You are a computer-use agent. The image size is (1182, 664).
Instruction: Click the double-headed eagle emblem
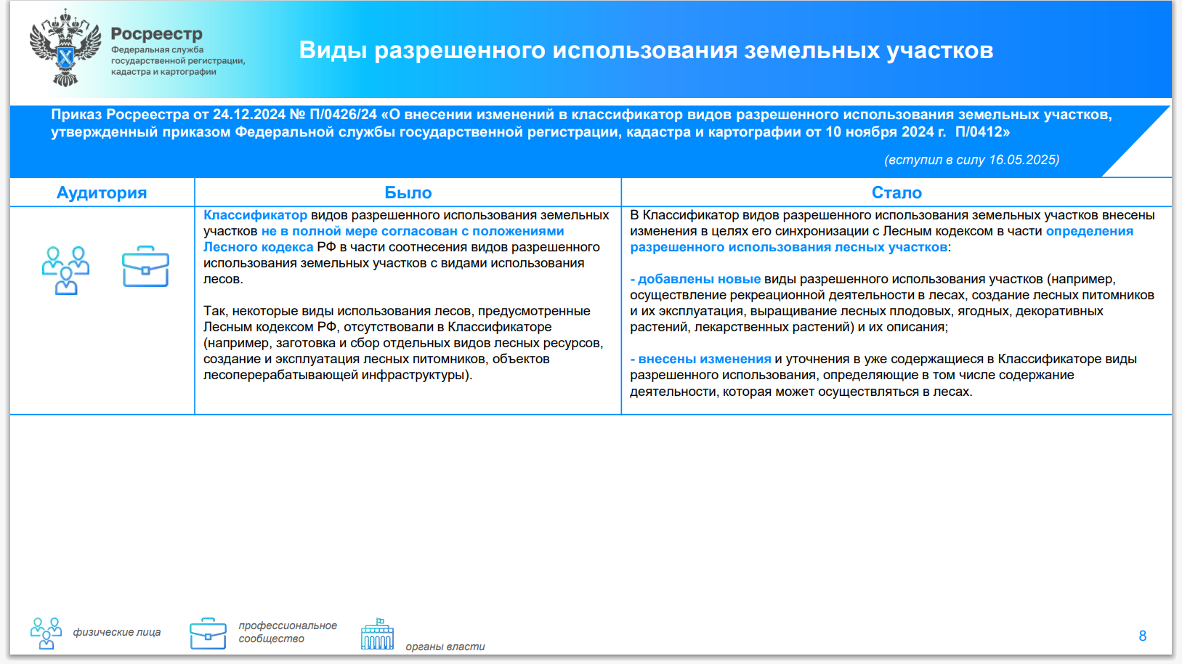click(x=65, y=47)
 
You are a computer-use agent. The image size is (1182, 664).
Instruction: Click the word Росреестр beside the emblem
click(x=157, y=33)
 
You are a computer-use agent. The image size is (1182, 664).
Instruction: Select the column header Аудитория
click(x=101, y=193)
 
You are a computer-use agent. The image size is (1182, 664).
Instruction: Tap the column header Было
click(x=408, y=193)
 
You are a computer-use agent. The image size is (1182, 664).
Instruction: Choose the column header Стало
click(x=896, y=193)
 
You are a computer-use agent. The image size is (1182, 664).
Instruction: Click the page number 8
click(x=1143, y=636)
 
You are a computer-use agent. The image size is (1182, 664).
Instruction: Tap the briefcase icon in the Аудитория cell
click(x=145, y=267)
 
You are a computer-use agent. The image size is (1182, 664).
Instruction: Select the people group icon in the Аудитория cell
click(x=66, y=270)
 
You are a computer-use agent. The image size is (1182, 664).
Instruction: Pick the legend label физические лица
click(x=117, y=632)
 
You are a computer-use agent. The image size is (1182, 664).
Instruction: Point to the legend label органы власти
click(x=445, y=647)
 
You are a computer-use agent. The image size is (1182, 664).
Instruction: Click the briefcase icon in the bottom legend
click(x=208, y=633)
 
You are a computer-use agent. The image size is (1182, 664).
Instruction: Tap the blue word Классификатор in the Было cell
click(x=256, y=215)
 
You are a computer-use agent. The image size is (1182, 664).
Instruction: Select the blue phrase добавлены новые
click(x=699, y=279)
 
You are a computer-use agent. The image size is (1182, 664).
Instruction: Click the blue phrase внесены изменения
click(x=705, y=359)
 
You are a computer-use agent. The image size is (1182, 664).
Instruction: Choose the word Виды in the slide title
click(x=333, y=50)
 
